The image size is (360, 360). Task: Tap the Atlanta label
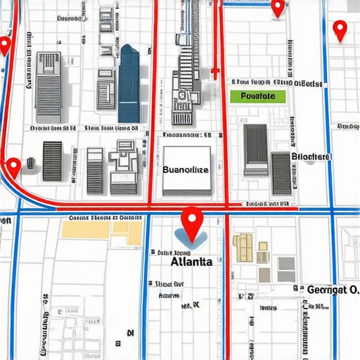coord(191,262)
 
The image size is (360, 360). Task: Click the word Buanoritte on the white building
coord(186,169)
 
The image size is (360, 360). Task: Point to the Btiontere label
coord(311,156)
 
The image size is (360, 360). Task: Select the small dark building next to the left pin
coord(32,164)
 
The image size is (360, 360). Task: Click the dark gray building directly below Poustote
coord(255,149)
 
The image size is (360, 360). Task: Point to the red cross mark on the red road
coord(217,82)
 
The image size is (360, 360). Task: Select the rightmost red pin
coord(340,30)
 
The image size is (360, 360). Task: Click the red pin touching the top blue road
coord(278,8)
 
